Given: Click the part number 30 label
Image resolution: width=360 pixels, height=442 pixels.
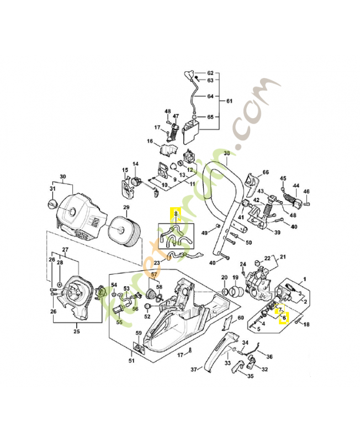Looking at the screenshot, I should pos(62,177).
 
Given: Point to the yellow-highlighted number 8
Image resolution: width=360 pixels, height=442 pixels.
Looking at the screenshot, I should pos(176,213).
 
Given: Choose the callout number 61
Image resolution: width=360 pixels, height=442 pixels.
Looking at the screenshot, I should pos(230,101).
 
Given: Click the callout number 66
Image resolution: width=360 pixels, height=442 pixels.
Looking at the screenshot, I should pos(266,172).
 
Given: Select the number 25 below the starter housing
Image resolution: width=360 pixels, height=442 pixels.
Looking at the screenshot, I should pos(77,331).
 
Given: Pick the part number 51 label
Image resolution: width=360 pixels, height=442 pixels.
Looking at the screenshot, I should pos(131,361).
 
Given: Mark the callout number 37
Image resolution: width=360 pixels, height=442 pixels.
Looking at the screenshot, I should pos(194,369).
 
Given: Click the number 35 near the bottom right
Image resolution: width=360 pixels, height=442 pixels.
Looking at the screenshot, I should pos(250,376).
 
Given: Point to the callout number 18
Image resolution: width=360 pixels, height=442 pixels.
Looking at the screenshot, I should pos(306,324).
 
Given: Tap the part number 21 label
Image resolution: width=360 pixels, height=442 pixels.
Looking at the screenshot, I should pos(283,257).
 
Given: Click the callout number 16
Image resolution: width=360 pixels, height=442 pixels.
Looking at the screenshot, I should pos(150,141).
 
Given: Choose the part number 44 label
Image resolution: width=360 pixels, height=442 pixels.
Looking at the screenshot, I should pos(296,186).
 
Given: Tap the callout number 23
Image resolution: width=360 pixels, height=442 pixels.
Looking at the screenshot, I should pos(157,262).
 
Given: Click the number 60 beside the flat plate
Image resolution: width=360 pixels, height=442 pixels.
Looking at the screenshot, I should pos(240,318).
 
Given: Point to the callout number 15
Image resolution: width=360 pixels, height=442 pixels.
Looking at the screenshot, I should pos(125,170).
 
